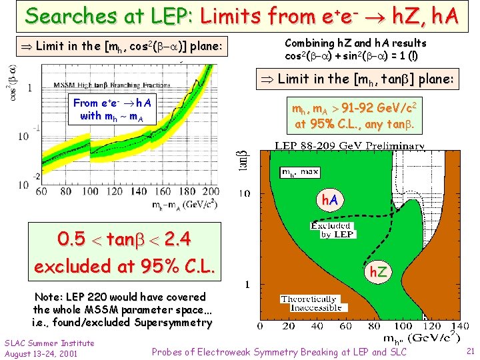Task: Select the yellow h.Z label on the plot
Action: (381, 272)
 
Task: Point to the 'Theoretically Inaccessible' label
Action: (309, 304)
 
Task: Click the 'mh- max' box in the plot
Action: (300, 172)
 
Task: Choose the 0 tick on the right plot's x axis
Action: (263, 327)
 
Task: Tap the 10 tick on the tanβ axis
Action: (245, 193)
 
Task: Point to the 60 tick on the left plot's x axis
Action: (41, 192)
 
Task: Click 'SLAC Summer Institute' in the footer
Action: (49, 343)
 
